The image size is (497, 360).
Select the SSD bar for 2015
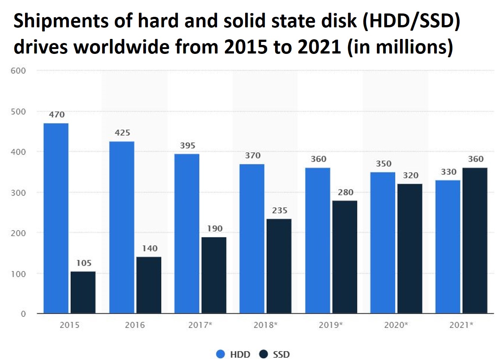83,292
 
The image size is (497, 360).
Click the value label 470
57,115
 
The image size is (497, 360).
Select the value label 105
84,263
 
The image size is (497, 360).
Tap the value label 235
280,210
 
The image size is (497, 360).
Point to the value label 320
411,175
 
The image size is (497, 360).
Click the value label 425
122,132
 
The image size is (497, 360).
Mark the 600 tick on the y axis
18,71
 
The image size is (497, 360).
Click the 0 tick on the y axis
23,314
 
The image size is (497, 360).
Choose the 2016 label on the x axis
135,325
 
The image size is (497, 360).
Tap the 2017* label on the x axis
200,325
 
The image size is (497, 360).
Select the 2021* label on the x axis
461,325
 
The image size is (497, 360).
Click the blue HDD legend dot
221,354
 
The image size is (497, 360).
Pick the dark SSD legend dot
264,354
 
